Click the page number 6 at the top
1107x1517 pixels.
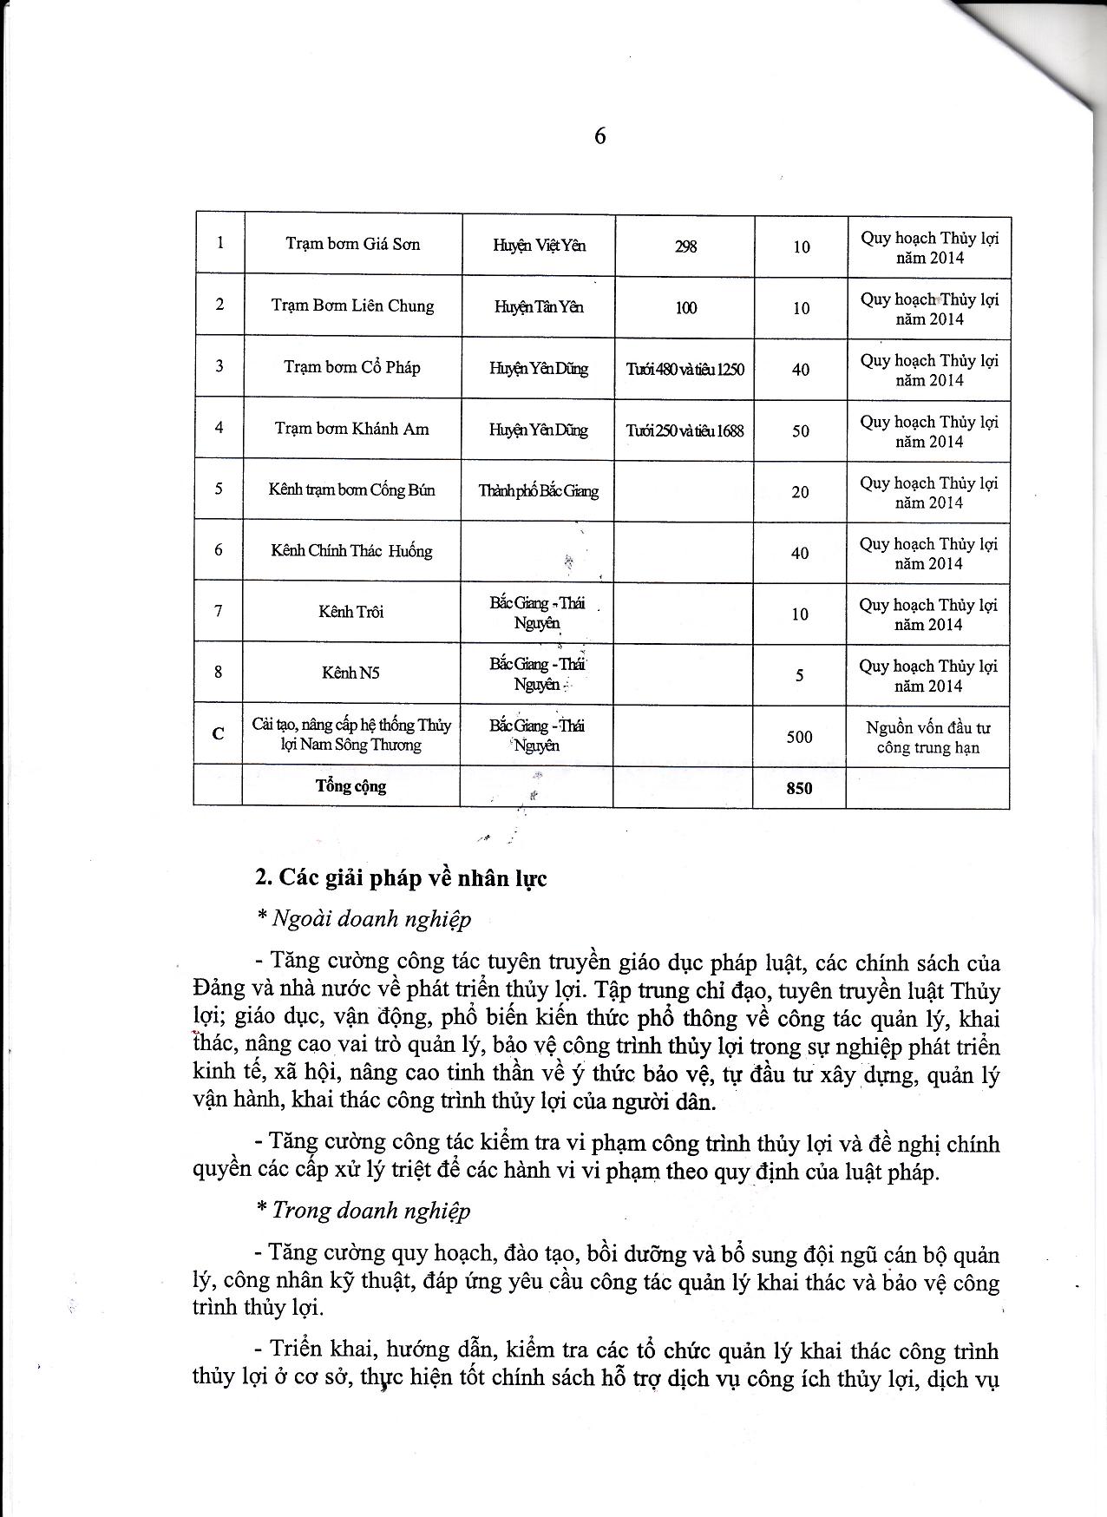599,136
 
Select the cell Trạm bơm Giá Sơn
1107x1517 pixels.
352,244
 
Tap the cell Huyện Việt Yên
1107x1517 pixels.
539,246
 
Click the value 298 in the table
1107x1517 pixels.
685,246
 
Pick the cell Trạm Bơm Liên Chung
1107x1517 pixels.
352,305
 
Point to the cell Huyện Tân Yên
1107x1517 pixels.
539,307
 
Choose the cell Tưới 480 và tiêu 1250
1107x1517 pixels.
685,369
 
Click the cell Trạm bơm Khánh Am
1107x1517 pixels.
351,429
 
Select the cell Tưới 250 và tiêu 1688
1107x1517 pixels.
685,430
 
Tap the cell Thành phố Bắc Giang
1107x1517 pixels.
538,491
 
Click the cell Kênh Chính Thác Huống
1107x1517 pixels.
351,551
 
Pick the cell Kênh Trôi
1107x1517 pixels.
350,612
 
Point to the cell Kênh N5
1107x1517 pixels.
350,673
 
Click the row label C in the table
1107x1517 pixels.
219,733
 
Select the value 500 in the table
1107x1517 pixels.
799,737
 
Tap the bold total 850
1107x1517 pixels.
799,788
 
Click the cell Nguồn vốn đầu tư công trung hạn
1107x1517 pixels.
927,738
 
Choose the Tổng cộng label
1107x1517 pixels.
350,786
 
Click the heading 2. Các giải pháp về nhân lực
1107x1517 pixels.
401,878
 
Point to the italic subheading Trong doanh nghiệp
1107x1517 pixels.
371,1211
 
